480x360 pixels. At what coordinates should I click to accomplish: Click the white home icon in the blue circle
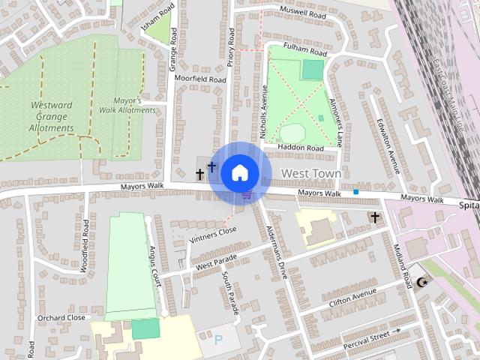tap(239, 172)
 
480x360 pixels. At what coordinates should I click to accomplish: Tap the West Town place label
tap(310, 174)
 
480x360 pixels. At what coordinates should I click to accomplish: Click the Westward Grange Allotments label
tap(52, 116)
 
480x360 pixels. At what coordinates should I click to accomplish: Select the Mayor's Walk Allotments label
tap(127, 105)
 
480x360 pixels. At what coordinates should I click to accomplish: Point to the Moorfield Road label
tap(199, 79)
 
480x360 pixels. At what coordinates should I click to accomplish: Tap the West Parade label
tap(217, 262)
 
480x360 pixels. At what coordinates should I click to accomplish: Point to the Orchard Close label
tap(61, 318)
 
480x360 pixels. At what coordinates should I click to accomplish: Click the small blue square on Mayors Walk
tap(356, 192)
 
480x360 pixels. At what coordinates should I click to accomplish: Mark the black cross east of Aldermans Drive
tap(374, 217)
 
